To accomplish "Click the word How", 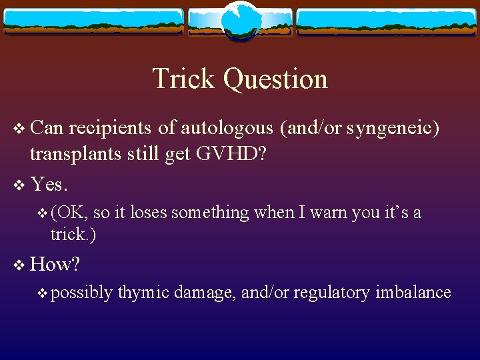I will [55, 265].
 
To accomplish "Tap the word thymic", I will [145, 293].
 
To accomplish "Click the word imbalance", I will [413, 293].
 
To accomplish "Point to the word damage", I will [206, 293].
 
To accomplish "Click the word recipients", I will [111, 128].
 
